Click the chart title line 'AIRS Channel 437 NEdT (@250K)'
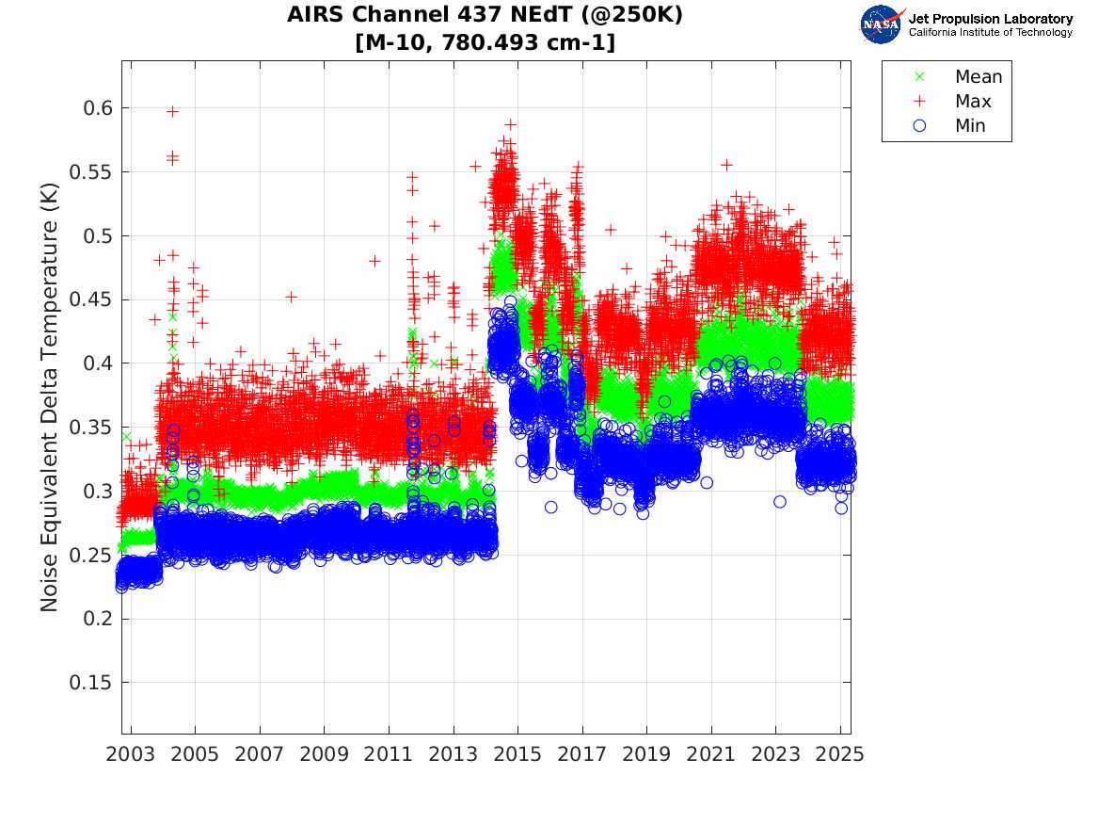tap(485, 15)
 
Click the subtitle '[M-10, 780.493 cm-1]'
tap(485, 42)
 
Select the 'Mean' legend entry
tap(979, 77)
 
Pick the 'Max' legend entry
tap(973, 102)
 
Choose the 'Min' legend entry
tap(970, 126)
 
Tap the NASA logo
tap(882, 24)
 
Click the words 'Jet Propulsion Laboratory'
tap(990, 19)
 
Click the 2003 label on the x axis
tap(131, 754)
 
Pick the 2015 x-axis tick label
tap(517, 754)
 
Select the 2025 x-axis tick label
tap(840, 754)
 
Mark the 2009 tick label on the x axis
tap(325, 754)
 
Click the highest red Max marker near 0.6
tap(172, 111)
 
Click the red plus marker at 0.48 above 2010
tap(374, 261)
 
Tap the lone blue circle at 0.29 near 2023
tap(780, 502)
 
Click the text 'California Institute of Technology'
tap(990, 33)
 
